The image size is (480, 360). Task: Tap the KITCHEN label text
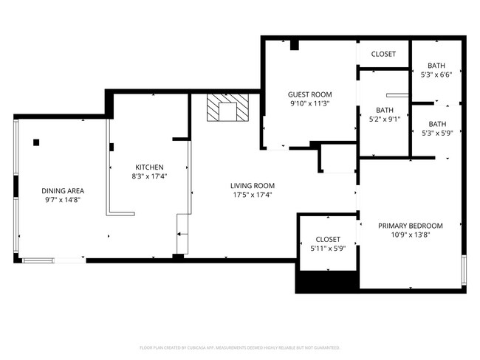[148, 167]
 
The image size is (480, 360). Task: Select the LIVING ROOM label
[252, 185]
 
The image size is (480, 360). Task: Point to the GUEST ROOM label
[309, 94]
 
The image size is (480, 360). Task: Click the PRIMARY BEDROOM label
[410, 226]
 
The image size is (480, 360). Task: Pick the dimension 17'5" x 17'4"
[252, 195]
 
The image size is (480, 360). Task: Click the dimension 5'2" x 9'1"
[384, 120]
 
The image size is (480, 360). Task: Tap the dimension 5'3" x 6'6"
[436, 74]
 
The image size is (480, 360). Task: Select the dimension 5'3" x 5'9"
[436, 134]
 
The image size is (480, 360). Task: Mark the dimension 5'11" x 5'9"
[328, 249]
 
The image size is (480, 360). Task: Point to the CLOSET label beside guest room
[383, 54]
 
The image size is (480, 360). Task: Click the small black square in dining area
[36, 142]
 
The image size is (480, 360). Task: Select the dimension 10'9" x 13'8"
[410, 235]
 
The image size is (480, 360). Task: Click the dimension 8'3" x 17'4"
[148, 177]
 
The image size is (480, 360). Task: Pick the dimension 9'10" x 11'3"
[309, 104]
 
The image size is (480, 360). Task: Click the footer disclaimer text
[239, 347]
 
